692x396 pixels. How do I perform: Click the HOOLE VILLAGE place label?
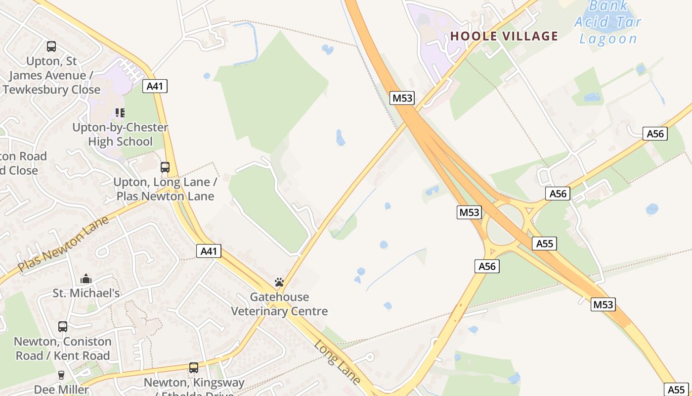pos(504,36)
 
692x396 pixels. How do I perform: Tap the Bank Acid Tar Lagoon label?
pos(608,22)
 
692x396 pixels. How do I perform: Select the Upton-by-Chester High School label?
pos(120,135)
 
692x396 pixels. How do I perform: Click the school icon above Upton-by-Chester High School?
pos(120,113)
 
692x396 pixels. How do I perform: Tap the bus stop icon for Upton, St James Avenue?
pos(51,47)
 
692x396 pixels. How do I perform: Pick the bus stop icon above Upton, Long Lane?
pos(165,167)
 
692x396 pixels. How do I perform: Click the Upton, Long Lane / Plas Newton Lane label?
pos(165,189)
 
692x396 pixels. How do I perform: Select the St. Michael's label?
pos(86,294)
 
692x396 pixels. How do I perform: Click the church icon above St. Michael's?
pos(86,279)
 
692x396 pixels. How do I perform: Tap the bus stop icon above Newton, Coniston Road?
pos(63,327)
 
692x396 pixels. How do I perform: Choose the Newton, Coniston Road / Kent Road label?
pos(63,348)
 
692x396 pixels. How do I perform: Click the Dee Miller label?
pos(61,390)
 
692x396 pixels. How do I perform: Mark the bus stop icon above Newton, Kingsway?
pos(194,368)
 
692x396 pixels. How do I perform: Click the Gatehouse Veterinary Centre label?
pos(279,304)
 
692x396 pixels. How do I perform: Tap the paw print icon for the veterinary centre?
pos(279,283)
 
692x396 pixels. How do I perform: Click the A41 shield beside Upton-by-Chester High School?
pos(155,86)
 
